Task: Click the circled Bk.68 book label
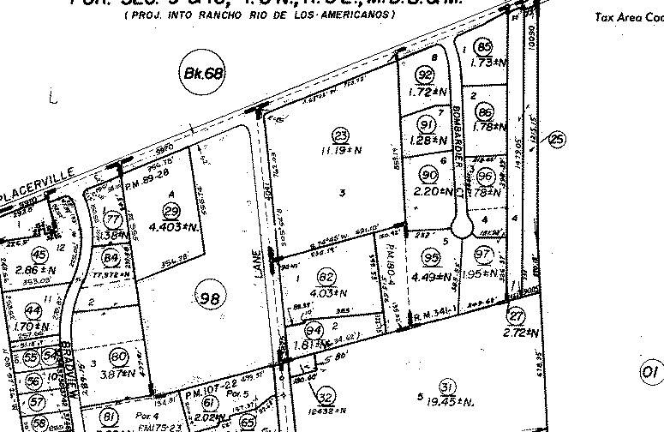tap(203, 73)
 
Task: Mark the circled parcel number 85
tap(485, 47)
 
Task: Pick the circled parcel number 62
tap(325, 277)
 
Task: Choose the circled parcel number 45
tap(39, 254)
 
